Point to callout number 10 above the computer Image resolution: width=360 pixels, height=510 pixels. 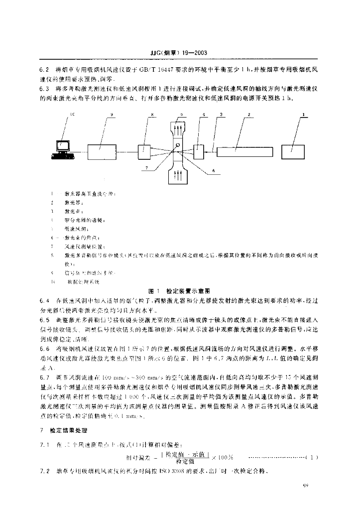(x=73, y=115)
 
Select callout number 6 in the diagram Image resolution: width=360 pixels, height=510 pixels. (x=214, y=170)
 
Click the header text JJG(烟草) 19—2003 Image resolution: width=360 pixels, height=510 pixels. (x=179, y=52)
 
